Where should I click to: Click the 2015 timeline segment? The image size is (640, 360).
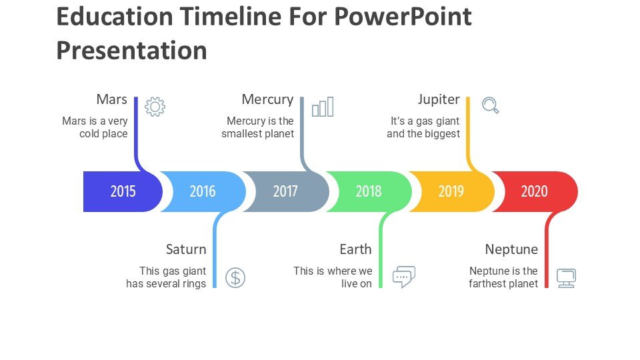(x=123, y=191)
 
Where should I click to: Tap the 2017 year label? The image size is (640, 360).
(x=285, y=191)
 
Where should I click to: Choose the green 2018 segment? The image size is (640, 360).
(x=369, y=191)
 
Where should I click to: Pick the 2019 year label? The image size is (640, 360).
(x=451, y=191)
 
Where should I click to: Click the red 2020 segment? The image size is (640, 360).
(x=535, y=191)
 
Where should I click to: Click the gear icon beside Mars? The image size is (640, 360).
(x=155, y=107)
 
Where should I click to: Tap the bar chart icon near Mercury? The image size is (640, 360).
(x=323, y=107)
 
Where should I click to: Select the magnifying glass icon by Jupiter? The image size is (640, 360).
(x=490, y=105)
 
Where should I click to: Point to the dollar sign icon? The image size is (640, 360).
(x=235, y=278)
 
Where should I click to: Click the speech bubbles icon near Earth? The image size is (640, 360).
(x=404, y=277)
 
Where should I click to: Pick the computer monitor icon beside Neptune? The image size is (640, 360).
(x=567, y=278)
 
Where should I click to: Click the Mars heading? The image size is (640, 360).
(x=112, y=99)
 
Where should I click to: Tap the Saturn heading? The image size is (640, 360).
(x=186, y=249)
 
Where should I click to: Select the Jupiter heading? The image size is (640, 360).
(x=439, y=99)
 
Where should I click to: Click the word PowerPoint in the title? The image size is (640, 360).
(x=403, y=17)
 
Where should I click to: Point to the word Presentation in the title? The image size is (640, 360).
(x=131, y=51)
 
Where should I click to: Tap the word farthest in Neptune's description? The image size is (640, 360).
(x=487, y=283)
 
